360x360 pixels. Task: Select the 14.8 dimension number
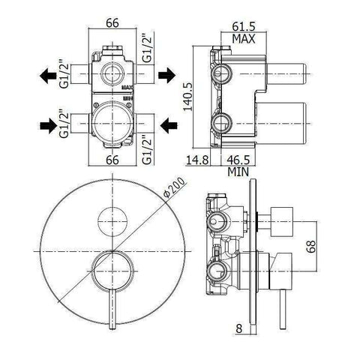point(199,159)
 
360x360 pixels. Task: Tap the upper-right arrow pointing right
point(166,75)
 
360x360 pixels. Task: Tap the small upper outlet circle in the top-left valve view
point(110,74)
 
